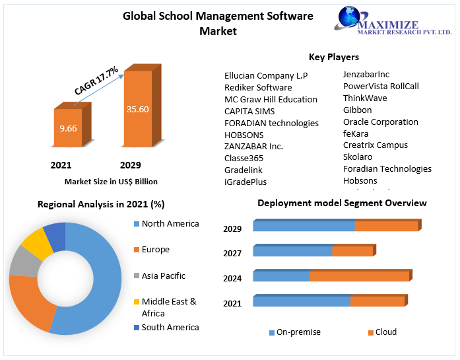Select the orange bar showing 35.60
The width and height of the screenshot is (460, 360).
(138, 108)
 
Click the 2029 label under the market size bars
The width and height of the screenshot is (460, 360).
(130, 164)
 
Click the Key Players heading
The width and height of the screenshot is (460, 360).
(334, 57)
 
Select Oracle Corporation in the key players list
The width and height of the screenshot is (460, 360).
(380, 122)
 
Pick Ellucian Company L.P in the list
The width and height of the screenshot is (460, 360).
(266, 75)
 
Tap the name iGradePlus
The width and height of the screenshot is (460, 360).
(246, 182)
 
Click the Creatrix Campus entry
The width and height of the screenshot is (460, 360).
(375, 145)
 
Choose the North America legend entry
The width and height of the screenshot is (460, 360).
(170, 224)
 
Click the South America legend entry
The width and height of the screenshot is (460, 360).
(170, 327)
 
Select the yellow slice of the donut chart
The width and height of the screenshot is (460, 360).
(37, 245)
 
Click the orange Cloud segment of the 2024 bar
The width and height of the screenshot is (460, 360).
(359, 276)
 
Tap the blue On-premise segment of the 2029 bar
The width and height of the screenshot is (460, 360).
(304, 226)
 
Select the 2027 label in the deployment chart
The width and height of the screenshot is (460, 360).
(232, 253)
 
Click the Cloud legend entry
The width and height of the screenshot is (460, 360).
(385, 332)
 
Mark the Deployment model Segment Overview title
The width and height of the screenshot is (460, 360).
(342, 203)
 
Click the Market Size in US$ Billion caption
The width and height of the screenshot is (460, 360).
(111, 181)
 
